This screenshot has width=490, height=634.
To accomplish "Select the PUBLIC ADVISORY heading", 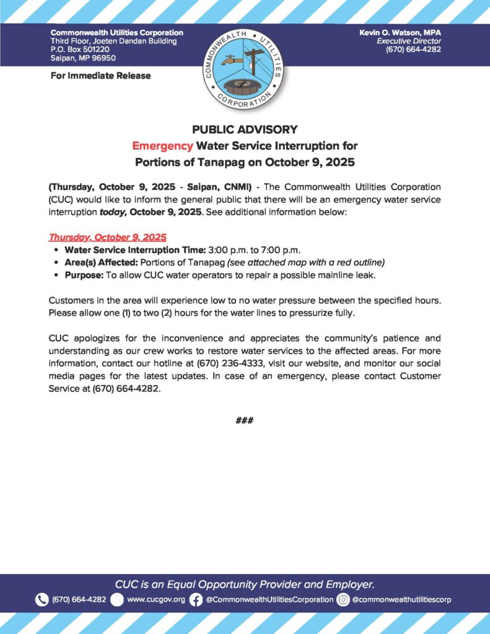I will point(245,129).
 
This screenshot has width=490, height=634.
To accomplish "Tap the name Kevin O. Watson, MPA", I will point(400,32).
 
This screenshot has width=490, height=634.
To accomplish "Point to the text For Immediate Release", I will point(100,76).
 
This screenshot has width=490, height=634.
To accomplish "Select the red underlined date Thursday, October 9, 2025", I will point(107,237).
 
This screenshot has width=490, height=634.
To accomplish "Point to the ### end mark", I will point(245,421).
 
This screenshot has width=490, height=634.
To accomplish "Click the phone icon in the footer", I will point(42,599).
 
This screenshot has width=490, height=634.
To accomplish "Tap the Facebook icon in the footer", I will point(196,599).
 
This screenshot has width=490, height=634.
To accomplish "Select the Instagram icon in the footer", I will point(343,599).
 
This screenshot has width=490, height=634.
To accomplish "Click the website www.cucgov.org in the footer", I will point(156,599).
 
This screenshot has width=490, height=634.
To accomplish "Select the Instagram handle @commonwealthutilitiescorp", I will point(401,599).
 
